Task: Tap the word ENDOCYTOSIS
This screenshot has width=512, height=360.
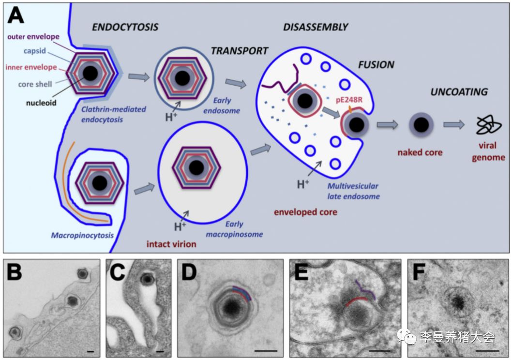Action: [125, 27]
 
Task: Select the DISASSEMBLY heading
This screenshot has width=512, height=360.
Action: [316, 27]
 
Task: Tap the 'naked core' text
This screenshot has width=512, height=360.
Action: [420, 152]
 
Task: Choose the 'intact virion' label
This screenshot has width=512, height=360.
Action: [171, 244]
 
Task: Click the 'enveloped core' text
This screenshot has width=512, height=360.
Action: [305, 212]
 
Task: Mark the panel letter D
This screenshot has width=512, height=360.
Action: [188, 273]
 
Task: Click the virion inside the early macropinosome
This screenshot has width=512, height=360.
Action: [196, 168]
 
